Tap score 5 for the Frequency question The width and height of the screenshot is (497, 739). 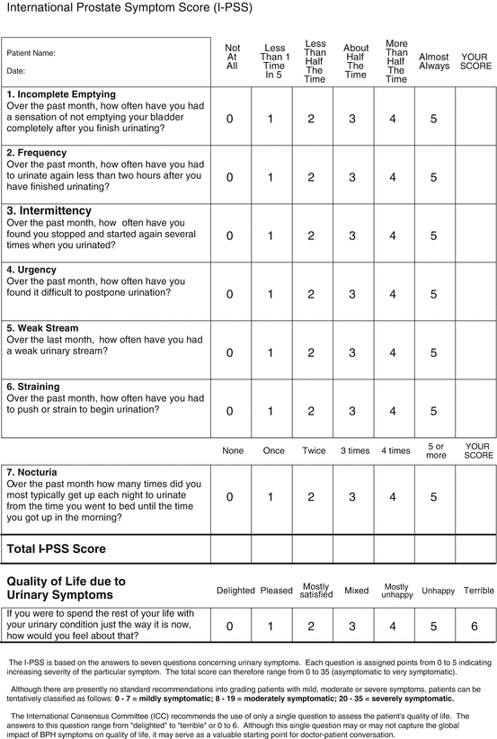433,177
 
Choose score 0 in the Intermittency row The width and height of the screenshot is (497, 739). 229,236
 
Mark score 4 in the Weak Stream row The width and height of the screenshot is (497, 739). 392,353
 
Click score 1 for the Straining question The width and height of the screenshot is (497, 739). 271,412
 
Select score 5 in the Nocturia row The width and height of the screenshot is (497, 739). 433,496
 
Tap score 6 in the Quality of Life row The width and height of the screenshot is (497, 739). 474,626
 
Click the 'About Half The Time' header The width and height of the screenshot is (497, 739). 356,61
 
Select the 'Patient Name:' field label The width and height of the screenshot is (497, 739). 32,53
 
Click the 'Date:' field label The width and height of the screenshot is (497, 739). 17,70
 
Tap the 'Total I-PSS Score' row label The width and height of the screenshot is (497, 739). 57,548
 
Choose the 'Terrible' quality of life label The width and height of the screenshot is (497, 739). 478,591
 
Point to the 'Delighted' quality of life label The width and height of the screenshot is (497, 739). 236,591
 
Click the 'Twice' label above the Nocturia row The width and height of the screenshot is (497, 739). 315,450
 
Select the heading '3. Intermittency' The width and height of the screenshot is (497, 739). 56,210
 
